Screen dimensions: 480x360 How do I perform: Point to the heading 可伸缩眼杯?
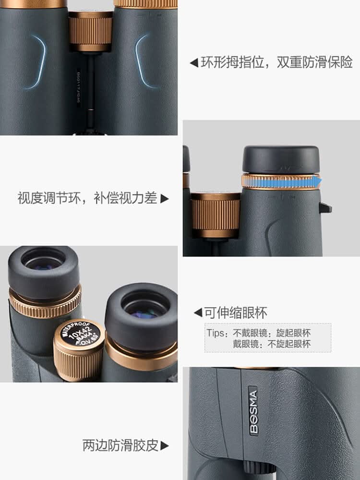(236, 313)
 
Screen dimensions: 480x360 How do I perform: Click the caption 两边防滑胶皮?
(120, 445)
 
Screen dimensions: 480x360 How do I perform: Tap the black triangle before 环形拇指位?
(194, 63)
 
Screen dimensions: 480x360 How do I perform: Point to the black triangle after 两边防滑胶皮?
(165, 446)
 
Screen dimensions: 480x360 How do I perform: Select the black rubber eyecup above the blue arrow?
(281, 159)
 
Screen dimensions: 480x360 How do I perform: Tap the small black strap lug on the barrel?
(325, 207)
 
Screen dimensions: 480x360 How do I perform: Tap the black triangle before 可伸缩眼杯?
(198, 313)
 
